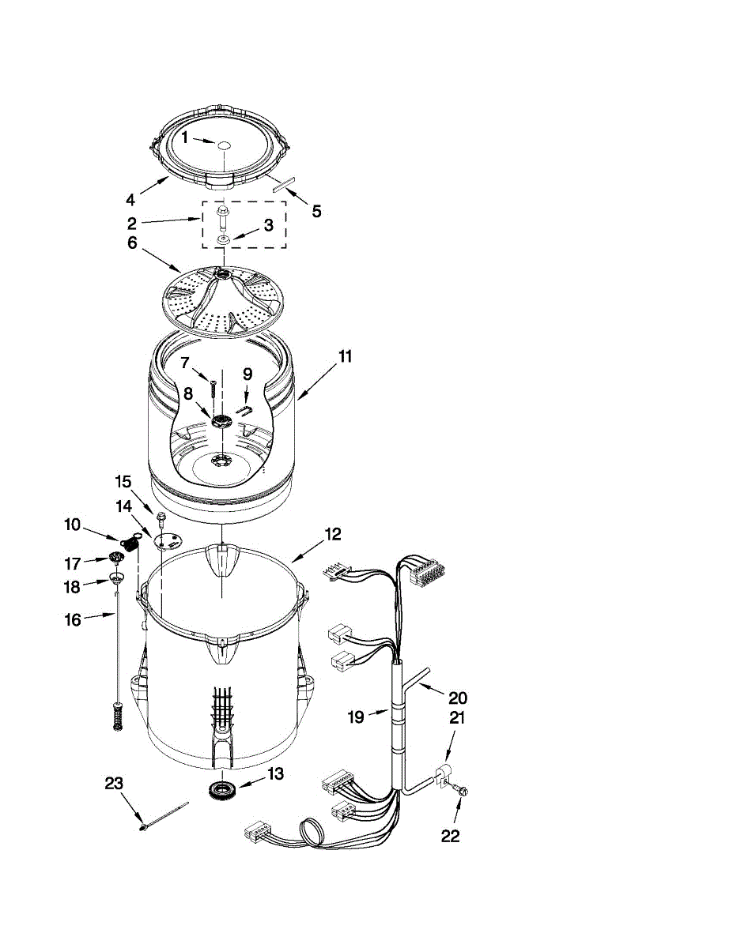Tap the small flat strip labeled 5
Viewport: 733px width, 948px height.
click(x=282, y=185)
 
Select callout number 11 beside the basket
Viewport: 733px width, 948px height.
click(x=345, y=356)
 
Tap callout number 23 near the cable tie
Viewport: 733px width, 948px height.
click(x=115, y=784)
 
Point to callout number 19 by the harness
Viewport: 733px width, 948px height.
click(x=356, y=717)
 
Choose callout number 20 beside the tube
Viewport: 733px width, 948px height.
click(x=458, y=698)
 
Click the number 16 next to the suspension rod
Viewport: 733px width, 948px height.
click(x=73, y=620)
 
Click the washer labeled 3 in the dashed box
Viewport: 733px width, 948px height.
click(x=224, y=239)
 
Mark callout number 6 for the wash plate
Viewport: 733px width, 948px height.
click(x=132, y=244)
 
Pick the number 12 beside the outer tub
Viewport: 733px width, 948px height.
click(x=332, y=535)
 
